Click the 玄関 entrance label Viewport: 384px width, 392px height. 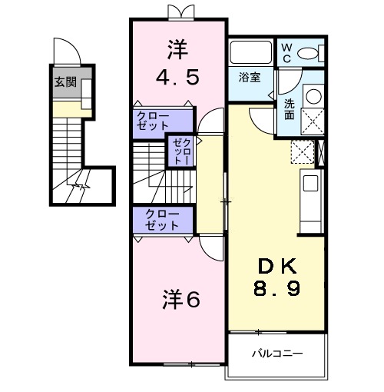pos(65,82)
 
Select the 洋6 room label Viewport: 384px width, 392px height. pos(180,300)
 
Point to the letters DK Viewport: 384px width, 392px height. pos(277,267)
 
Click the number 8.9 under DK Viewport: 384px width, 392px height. pos(277,289)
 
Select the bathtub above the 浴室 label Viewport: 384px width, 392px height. pos(250,53)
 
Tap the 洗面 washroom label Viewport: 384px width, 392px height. pos(289,108)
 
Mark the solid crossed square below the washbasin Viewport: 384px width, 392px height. pos(314,122)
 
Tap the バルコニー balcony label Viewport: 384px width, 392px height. pos(277,354)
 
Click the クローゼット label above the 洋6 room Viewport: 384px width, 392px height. pos(161,220)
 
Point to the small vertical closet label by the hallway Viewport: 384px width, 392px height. pos(180,151)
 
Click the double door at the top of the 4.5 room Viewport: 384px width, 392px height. pos(177,11)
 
